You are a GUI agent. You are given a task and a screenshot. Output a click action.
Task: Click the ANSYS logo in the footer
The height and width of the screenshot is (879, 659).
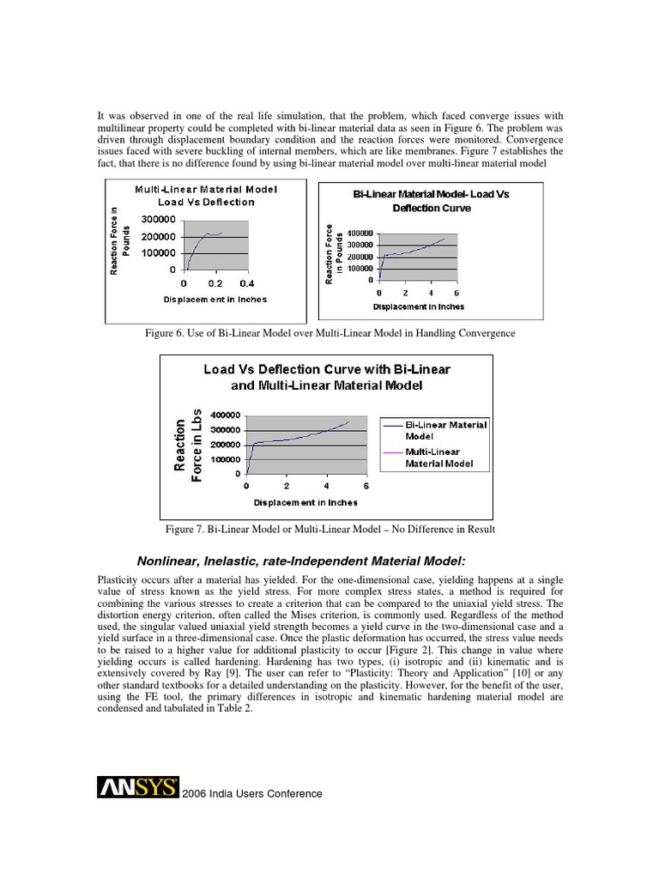[x=138, y=787]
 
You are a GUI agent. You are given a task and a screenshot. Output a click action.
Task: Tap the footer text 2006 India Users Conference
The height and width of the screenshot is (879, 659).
[x=252, y=794]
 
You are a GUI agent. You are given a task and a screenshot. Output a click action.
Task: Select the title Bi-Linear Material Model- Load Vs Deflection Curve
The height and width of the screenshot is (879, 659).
[x=432, y=201]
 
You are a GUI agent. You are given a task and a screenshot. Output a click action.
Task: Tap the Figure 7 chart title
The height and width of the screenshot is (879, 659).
[x=326, y=377]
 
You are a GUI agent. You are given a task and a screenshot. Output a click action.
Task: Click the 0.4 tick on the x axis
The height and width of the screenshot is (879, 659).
[x=247, y=282]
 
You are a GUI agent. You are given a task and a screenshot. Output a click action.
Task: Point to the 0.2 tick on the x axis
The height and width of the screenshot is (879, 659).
[x=215, y=282]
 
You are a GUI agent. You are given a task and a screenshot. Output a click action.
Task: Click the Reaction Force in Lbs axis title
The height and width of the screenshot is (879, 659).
[x=189, y=444]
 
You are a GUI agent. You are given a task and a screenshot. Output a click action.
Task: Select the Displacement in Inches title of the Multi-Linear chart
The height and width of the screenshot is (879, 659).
[x=215, y=299]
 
